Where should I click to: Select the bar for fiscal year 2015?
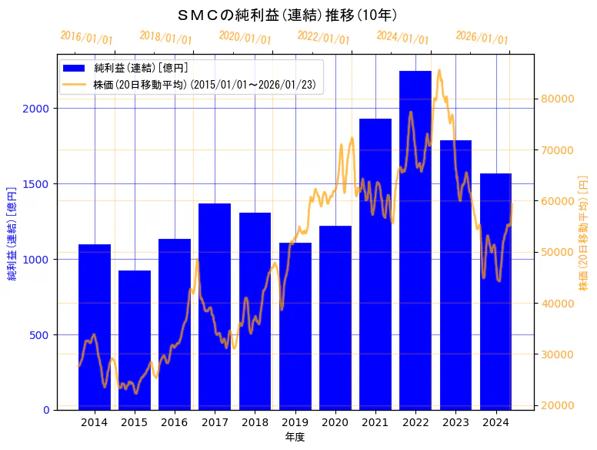135,340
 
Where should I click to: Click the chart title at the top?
287,15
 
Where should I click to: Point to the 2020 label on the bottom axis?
335,422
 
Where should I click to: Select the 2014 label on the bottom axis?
95,422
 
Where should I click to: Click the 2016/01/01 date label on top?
86,38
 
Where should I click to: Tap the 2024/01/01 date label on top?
402,38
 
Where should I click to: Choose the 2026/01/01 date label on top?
482,38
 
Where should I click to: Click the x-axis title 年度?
295,437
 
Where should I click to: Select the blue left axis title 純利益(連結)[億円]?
12,233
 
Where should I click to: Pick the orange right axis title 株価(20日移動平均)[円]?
583,233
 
